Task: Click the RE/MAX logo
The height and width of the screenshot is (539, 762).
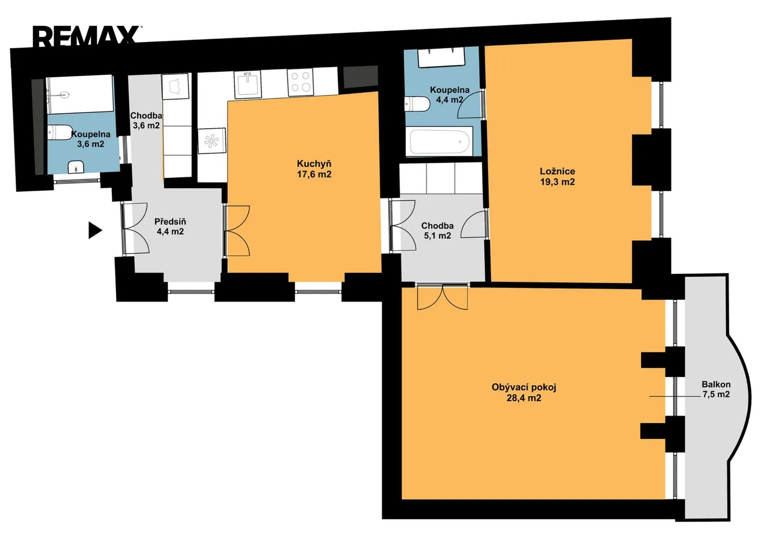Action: click(x=87, y=36)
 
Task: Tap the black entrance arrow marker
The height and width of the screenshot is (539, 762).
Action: click(x=95, y=231)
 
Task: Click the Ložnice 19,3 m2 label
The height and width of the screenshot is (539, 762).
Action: click(x=557, y=177)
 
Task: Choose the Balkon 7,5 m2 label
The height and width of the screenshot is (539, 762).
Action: click(x=716, y=389)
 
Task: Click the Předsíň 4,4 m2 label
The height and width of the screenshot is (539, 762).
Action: click(x=170, y=227)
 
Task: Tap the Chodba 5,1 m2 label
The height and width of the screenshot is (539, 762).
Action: click(x=437, y=231)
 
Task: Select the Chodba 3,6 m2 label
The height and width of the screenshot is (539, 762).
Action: click(x=146, y=120)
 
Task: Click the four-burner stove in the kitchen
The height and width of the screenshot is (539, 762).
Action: click(x=300, y=83)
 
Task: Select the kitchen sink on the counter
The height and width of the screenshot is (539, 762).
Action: click(x=248, y=84)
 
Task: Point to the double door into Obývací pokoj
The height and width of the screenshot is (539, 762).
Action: click(x=442, y=297)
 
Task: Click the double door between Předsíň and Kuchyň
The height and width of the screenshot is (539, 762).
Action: click(x=237, y=231)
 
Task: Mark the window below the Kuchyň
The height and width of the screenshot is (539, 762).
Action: click(x=318, y=291)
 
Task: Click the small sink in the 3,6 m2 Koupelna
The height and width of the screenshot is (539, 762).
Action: click(x=76, y=167)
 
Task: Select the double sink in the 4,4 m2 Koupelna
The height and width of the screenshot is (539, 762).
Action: click(x=441, y=57)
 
